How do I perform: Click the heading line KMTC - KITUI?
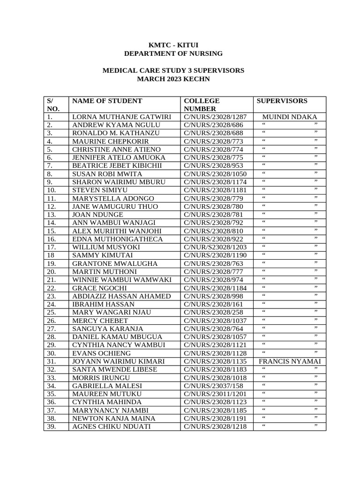173,45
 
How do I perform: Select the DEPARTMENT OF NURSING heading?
173,53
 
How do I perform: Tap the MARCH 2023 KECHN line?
173,79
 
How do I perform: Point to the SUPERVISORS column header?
282,101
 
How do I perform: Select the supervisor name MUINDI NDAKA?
290,117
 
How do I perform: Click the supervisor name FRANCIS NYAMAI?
290,361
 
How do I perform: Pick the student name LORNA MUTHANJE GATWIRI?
121,117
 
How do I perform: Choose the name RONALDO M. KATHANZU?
116,133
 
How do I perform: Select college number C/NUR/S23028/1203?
215,247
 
